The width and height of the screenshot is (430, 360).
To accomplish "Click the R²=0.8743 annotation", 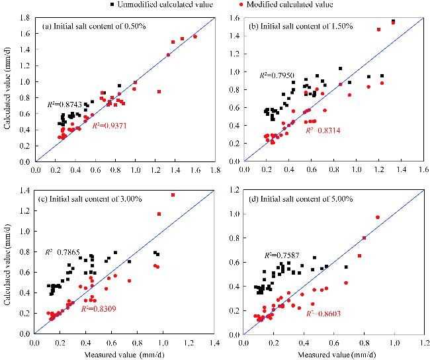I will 64,104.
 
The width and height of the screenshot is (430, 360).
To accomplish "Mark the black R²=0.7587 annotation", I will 282,254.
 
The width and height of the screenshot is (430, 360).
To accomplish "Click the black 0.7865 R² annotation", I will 64,251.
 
